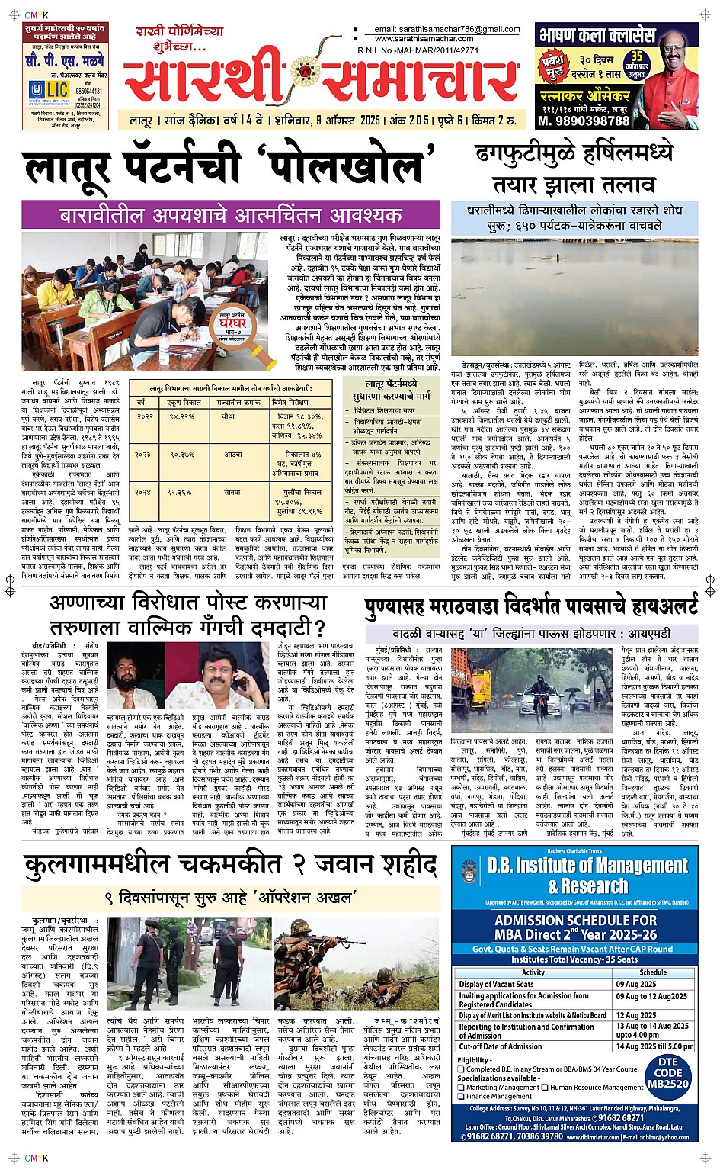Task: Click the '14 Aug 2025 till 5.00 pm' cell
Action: tap(654, 1046)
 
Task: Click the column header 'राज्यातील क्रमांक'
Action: tap(239, 402)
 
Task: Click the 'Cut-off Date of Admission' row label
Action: tap(501, 1046)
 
